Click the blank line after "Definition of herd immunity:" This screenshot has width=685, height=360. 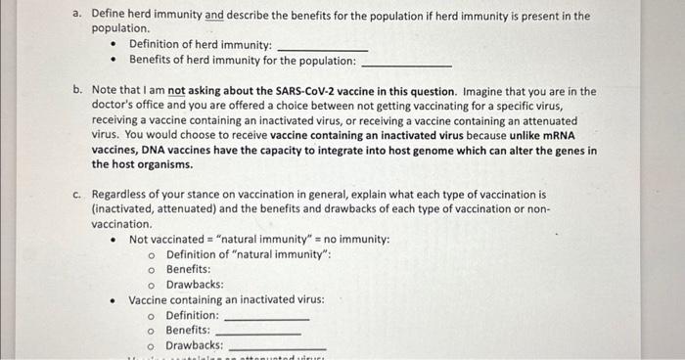pos(323,47)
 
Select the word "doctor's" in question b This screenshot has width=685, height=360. pos(115,106)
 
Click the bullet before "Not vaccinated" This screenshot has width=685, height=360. pos(114,240)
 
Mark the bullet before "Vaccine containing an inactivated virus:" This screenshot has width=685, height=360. pos(114,299)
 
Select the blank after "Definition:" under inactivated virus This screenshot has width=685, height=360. pos(266,319)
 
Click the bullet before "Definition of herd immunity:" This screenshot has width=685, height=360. pos(114,45)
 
